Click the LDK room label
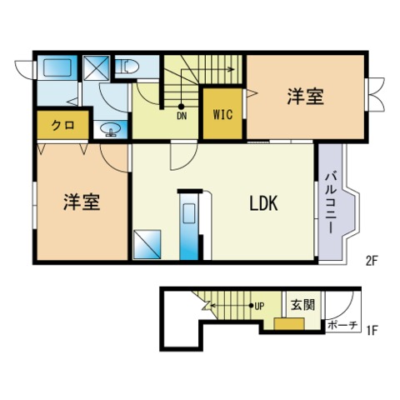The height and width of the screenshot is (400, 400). tap(263, 203)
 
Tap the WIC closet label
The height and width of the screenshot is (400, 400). tap(222, 114)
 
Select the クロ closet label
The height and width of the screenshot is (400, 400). tap(63, 126)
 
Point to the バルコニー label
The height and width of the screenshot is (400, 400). tap(331, 202)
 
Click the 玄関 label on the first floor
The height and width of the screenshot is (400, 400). tap(303, 305)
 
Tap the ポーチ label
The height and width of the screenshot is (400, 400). tap(342, 325)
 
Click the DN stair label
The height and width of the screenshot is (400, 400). tap(182, 116)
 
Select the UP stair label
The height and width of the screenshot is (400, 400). tap(259, 306)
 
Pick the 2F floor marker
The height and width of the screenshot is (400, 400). tap(371, 261)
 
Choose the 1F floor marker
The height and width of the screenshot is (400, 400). tap(372, 331)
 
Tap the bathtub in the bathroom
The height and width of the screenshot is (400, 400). tap(57, 67)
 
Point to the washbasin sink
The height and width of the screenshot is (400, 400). tap(111, 129)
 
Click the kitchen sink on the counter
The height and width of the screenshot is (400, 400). tap(189, 212)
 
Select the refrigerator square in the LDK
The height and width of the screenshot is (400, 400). tap(147, 244)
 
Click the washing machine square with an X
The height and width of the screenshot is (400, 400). tap(96, 67)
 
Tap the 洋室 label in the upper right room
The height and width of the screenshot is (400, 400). tap(305, 97)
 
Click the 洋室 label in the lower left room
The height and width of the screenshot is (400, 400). tap(82, 202)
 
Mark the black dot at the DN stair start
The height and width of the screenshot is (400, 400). tap(181, 107)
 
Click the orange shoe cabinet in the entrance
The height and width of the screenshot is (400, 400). tap(289, 324)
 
